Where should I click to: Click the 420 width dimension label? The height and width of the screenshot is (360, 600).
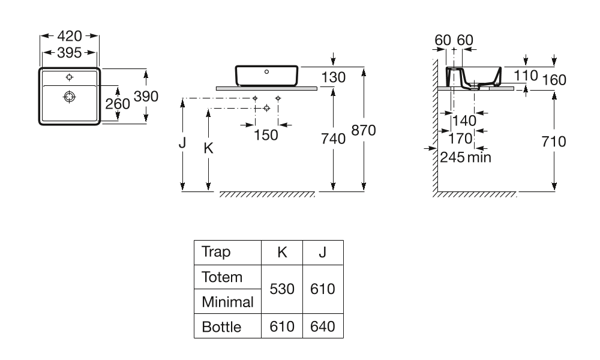pos(70,36)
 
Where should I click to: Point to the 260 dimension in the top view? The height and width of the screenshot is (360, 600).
pos(118,103)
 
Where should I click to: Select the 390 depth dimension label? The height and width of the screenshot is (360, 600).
pos(146,96)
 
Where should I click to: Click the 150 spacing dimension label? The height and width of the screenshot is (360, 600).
pos(266,135)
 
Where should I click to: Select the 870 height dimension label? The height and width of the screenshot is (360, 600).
pos(363,131)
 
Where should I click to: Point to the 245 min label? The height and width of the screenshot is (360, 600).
pos(466,157)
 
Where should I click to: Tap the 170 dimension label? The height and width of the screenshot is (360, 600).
pos(461,139)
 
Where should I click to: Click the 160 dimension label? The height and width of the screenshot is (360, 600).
pos(554,80)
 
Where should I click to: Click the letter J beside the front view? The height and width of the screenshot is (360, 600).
pos(182,144)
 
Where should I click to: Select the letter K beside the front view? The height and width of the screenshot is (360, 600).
pos(208,148)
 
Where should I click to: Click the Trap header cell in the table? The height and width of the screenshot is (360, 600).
pos(217,252)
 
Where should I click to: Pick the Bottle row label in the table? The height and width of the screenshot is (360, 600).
pos(221,327)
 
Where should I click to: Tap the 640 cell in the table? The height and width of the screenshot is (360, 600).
pos(322,327)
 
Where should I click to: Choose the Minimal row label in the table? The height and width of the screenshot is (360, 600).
pos(227,302)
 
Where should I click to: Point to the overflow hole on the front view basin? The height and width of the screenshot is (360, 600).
pos(267,71)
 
